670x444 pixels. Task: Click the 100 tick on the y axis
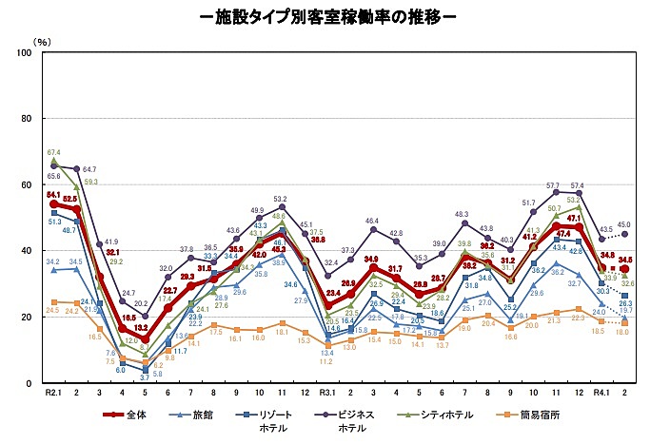[25, 53]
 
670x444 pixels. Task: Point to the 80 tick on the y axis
[28, 119]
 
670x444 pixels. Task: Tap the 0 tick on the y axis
[32, 383]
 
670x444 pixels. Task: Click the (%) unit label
[42, 42]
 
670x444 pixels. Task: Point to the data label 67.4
[54, 152]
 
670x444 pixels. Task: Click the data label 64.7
[89, 169]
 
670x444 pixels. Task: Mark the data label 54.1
[53, 194]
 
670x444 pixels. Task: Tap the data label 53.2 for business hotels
[282, 200]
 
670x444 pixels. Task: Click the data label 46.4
[372, 221]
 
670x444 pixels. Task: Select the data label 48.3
[464, 215]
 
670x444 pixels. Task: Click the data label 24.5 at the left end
[51, 310]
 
